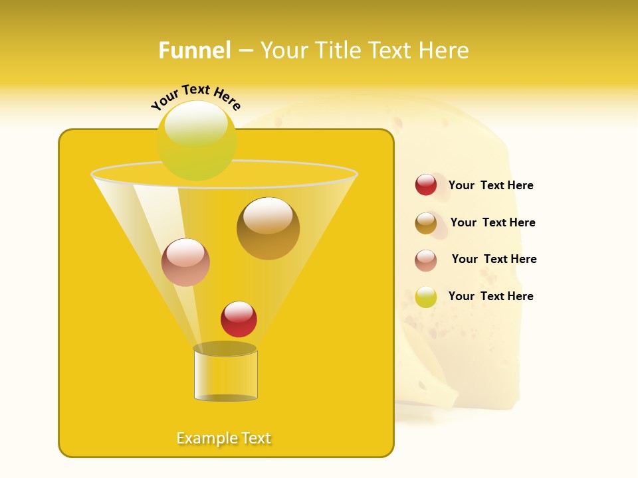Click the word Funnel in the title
coord(194,50)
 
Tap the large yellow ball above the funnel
coord(197,141)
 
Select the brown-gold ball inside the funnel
coord(268,228)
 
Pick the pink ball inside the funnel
coord(185,262)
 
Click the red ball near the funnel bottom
coord(239,319)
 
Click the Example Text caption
coord(224,438)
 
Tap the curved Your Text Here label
coord(195,97)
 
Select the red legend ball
coord(426,185)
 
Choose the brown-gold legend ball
coord(426,222)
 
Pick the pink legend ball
coord(426,260)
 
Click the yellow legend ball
coord(426,297)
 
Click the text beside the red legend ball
coord(490,186)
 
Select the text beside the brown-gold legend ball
coord(492,223)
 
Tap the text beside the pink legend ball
coord(494,260)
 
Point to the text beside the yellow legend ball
coord(490,297)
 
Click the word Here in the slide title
coord(445,50)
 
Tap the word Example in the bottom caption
coord(207,438)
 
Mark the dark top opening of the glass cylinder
coord(225,349)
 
